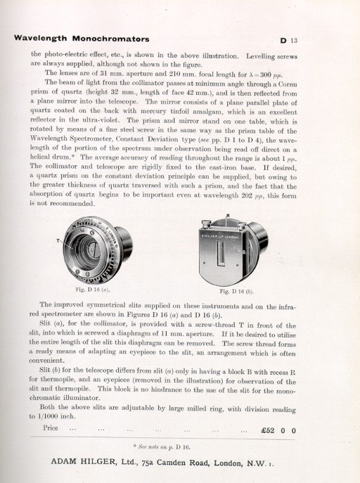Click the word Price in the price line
tap(51, 428)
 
